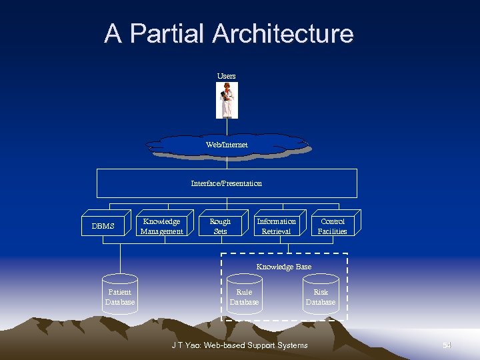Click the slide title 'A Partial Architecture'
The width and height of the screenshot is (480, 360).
(x=229, y=33)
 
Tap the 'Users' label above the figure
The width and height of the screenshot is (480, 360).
(x=226, y=76)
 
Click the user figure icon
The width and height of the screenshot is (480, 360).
(x=227, y=100)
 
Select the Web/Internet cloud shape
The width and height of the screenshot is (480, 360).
(x=227, y=145)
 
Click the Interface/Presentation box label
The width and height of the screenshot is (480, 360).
(x=227, y=183)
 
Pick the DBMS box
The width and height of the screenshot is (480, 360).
(x=103, y=226)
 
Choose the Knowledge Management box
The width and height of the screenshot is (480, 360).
(x=161, y=226)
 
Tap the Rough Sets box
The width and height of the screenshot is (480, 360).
(x=220, y=226)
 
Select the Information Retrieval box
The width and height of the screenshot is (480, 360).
(x=276, y=226)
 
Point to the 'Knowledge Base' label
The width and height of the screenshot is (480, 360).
(x=284, y=267)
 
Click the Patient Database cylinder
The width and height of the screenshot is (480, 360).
(x=120, y=297)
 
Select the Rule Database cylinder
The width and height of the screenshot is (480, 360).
(x=244, y=297)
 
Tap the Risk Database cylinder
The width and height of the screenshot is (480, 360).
(x=321, y=297)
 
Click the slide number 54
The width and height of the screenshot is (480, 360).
(x=447, y=345)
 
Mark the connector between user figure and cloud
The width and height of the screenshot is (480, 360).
(x=227, y=127)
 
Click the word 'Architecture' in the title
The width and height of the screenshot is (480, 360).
(x=283, y=33)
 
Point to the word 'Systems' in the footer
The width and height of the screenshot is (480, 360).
(x=291, y=345)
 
